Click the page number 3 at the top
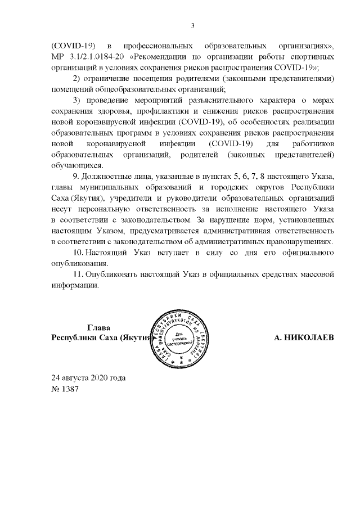(193, 25)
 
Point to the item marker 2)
(79, 78)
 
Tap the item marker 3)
(79, 100)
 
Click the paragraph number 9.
(78, 177)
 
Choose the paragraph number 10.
(80, 253)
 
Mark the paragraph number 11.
(79, 274)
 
